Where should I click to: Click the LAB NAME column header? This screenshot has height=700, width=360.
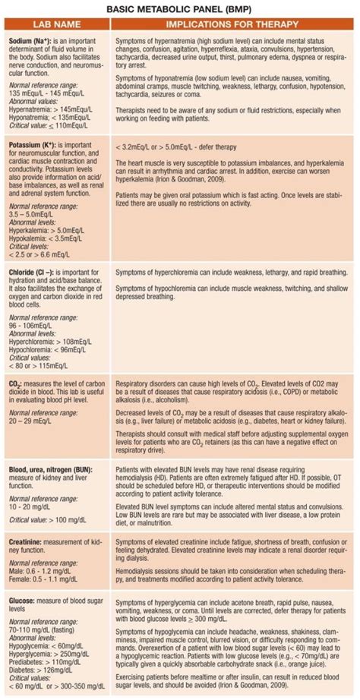click(55, 24)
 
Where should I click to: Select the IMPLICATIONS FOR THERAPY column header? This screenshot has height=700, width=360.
click(233, 24)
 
